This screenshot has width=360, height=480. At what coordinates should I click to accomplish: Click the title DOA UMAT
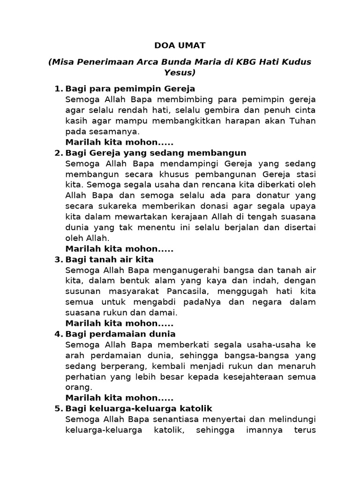(x=180, y=45)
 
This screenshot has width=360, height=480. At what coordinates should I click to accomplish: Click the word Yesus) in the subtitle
(x=180, y=73)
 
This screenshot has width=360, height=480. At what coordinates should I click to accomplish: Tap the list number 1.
(x=58, y=89)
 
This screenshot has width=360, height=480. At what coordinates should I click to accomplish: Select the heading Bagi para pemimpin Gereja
(x=130, y=89)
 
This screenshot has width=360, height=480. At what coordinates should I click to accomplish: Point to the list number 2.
(x=58, y=153)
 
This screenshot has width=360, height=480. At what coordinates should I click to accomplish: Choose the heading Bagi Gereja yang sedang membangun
(x=156, y=153)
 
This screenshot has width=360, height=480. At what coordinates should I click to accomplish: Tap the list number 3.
(x=58, y=260)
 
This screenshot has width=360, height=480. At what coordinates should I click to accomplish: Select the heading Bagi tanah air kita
(x=110, y=260)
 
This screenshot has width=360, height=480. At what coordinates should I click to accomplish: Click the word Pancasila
(x=193, y=292)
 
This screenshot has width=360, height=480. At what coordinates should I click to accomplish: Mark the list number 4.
(x=58, y=334)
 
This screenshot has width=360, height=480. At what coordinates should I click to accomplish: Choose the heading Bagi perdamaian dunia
(x=120, y=334)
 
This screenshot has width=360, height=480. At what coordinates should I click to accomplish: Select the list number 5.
(x=58, y=409)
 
